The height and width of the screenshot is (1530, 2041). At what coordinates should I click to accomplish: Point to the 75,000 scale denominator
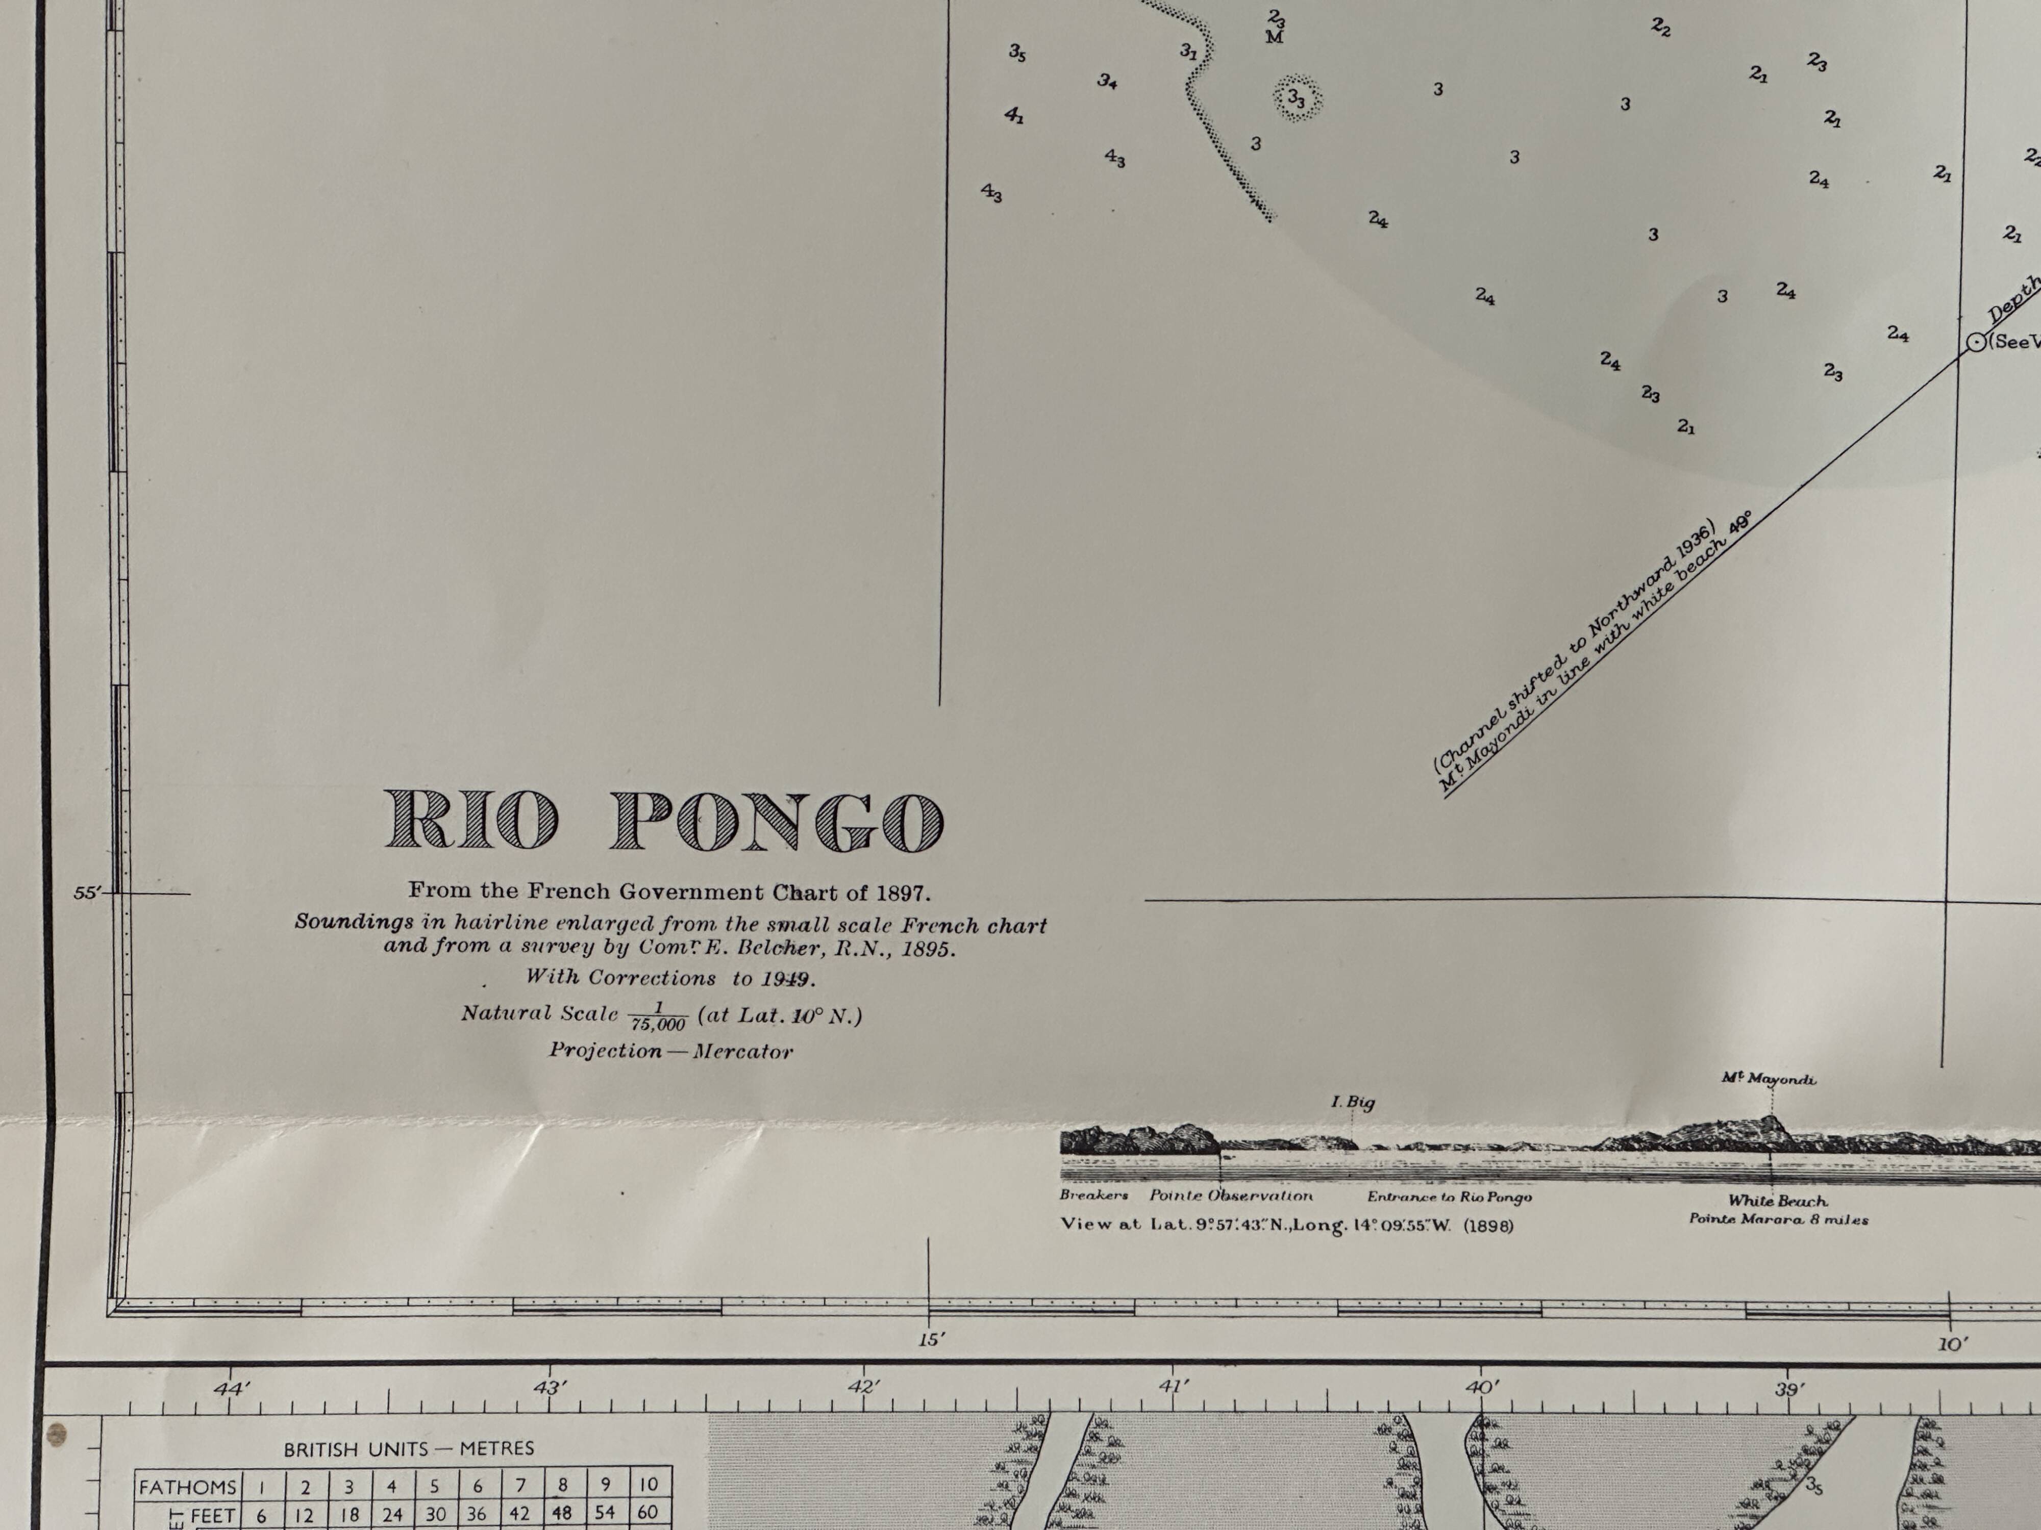[658, 1024]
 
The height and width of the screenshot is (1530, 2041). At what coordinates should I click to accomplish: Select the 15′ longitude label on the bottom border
[931, 1339]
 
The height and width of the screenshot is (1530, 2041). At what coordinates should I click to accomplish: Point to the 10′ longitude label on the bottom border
[1952, 1345]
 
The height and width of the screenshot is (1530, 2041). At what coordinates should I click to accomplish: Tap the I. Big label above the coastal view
[1353, 1102]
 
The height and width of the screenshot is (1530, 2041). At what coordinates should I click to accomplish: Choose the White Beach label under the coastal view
[1777, 1201]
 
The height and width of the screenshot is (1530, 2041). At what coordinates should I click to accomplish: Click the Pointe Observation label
[1231, 1196]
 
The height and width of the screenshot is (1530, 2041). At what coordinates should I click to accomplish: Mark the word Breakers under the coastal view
[1093, 1196]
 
